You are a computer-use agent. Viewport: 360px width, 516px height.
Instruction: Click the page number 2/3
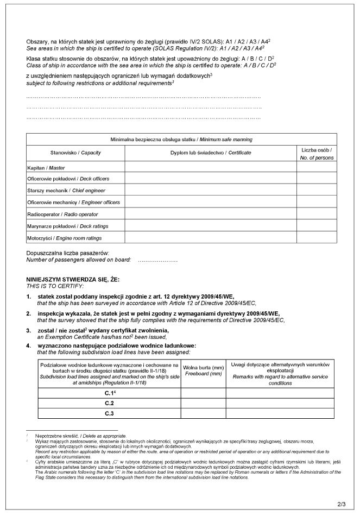(x=342, y=505)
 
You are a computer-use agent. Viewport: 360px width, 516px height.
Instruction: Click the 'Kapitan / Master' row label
(x=46, y=168)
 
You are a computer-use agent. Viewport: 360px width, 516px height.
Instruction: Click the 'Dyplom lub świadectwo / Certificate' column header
(x=211, y=153)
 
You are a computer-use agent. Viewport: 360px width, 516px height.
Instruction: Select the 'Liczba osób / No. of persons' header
(x=317, y=153)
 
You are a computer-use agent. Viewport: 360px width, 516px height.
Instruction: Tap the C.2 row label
(x=109, y=403)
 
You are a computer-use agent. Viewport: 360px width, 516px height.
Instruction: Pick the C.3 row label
(x=109, y=414)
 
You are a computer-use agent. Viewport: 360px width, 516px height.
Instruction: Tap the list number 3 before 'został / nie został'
(x=28, y=331)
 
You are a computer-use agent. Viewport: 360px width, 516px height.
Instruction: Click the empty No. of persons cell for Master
(x=317, y=168)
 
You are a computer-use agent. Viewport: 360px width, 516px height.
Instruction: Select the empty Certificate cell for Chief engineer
(x=211, y=191)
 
